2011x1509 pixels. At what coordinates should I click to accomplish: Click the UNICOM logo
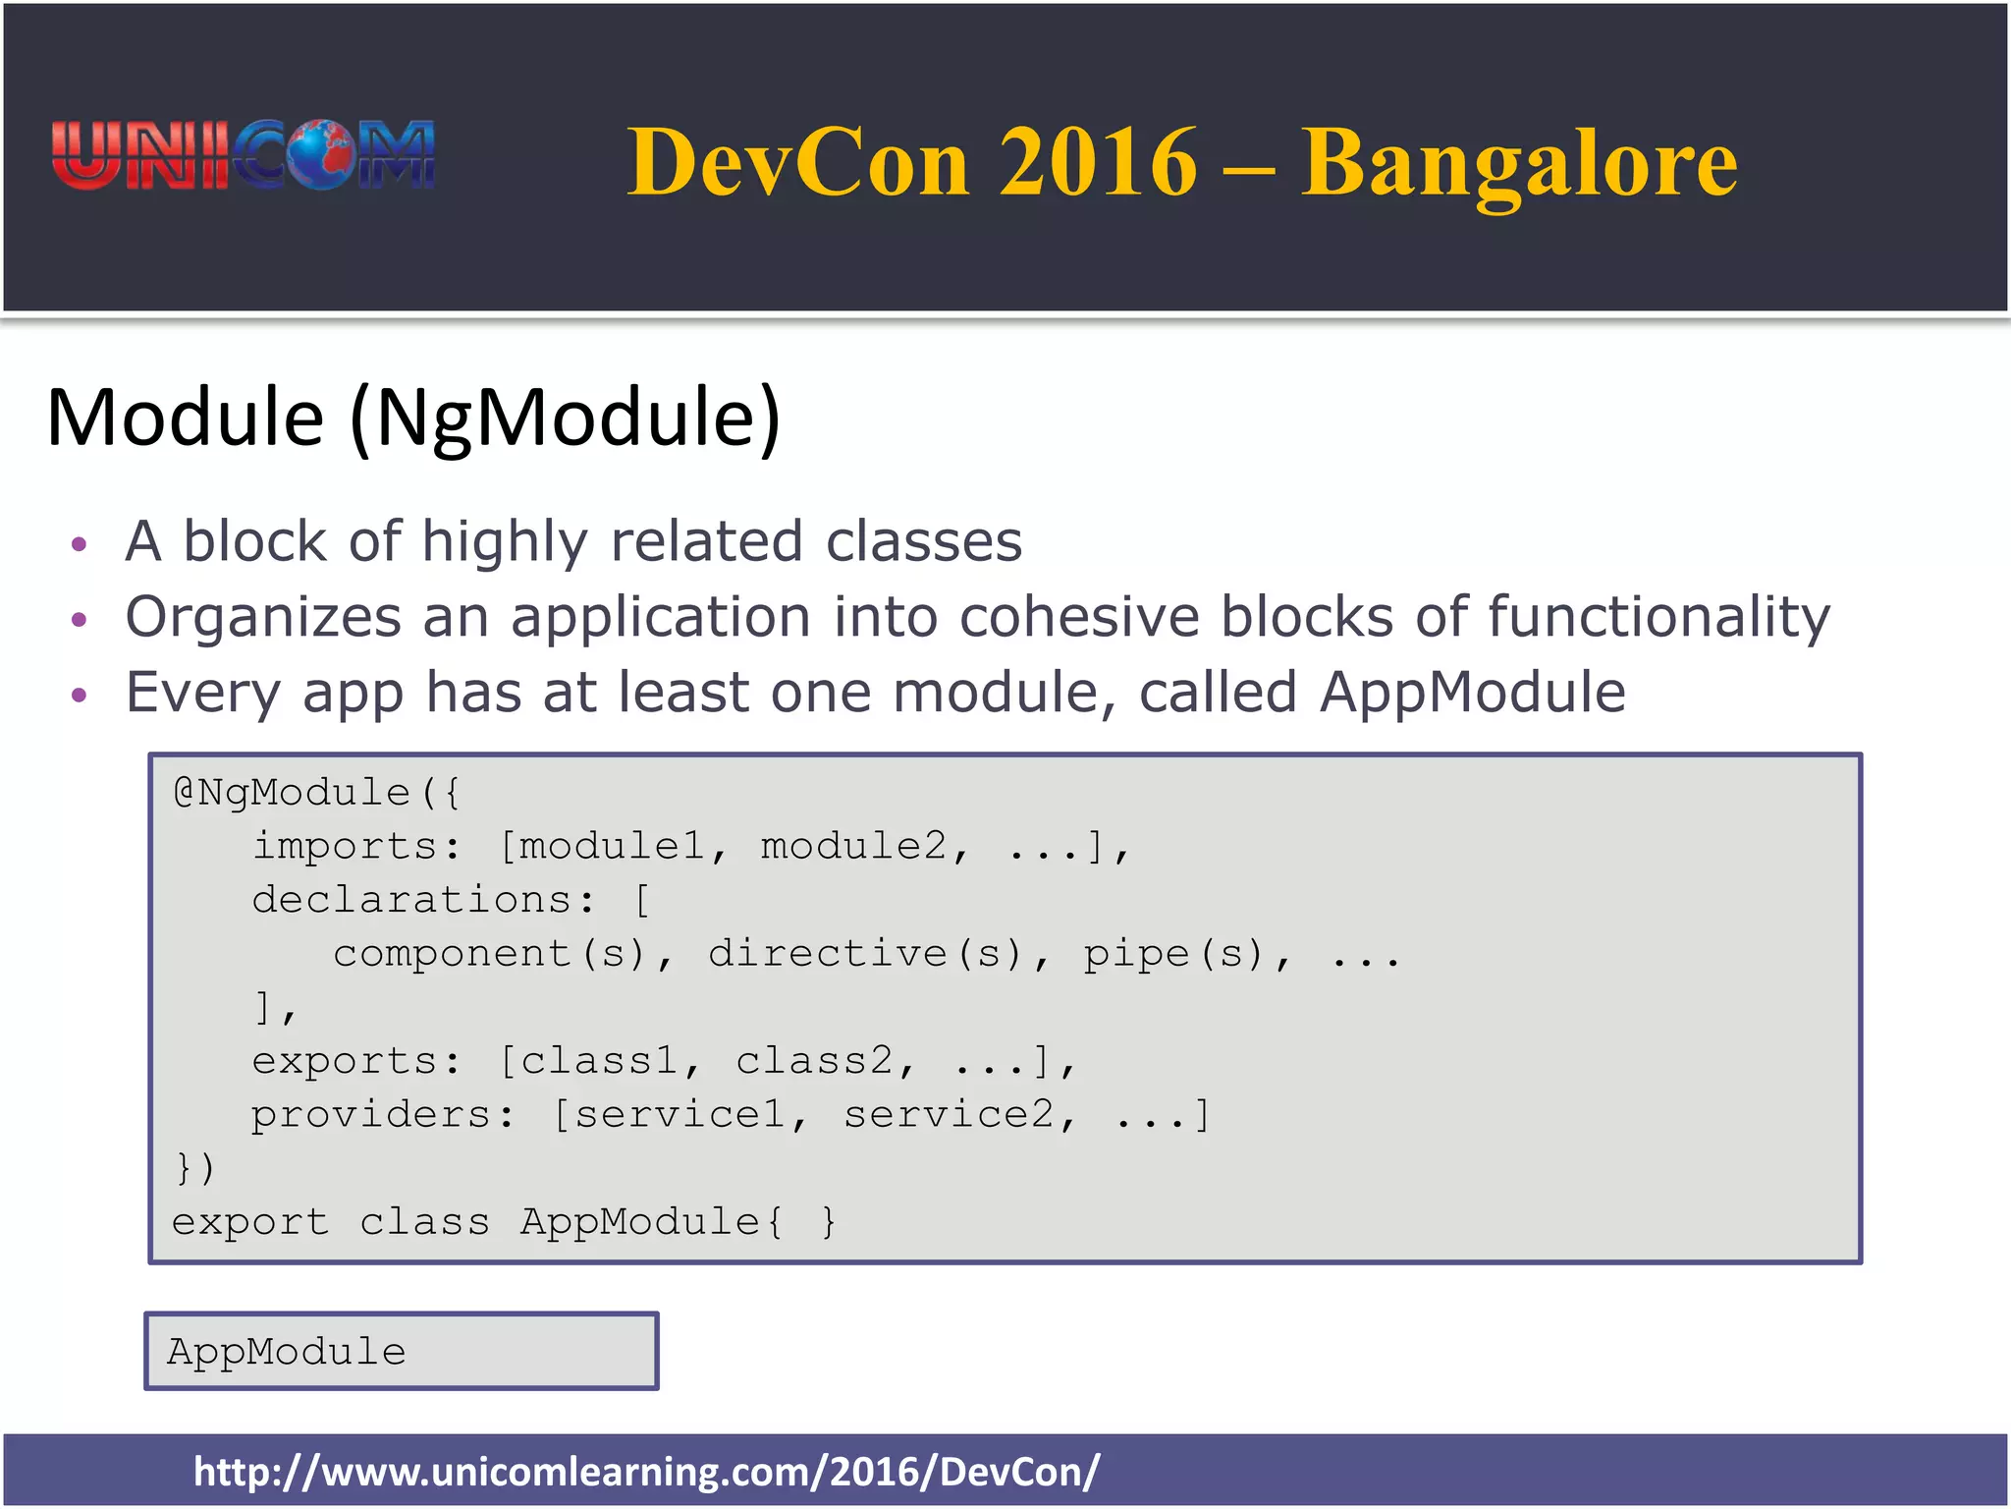coord(243,155)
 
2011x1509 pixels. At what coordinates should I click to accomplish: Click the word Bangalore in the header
coord(1518,163)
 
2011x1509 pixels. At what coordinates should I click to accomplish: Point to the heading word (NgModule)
coord(566,418)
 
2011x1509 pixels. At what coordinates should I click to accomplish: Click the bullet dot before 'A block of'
coord(80,544)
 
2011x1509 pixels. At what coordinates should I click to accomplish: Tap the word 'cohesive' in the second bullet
coord(1079,617)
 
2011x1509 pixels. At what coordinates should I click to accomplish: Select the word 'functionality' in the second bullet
coord(1658,619)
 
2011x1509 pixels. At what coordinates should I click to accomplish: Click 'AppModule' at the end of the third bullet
coord(1472,693)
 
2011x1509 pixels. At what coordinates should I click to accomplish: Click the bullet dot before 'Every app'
coord(80,696)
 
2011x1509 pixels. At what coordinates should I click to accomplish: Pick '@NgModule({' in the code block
coord(316,793)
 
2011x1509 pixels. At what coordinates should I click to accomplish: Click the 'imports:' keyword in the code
coord(355,847)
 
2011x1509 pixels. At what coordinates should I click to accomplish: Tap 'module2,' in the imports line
coord(865,847)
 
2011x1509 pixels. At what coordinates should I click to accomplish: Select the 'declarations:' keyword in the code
coord(423,900)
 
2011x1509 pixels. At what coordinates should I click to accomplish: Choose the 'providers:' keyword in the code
coord(382,1115)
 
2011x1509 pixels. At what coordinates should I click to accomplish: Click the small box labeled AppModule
coord(402,1351)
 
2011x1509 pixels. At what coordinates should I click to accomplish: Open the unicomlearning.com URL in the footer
coord(646,1472)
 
